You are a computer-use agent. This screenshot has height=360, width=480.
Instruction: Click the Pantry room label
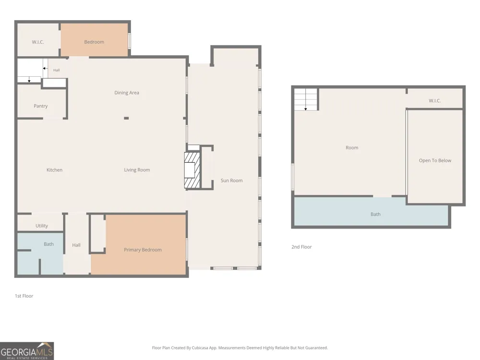coord(41,106)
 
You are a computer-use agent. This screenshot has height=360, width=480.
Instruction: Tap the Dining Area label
coord(127,93)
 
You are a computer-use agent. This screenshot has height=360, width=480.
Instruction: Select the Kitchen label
coord(55,170)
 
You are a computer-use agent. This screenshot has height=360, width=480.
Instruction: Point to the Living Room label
coord(137,170)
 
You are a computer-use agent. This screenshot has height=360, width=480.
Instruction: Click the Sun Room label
coord(232,180)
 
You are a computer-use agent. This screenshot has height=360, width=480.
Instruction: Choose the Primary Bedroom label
coord(143,250)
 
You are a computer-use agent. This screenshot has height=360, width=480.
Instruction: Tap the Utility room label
coord(42,226)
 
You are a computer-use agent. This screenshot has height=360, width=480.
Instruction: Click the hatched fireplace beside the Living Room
coord(192,170)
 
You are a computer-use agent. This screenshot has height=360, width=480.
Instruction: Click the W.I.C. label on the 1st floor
coord(38,42)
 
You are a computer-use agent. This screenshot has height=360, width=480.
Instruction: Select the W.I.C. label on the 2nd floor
coord(435,101)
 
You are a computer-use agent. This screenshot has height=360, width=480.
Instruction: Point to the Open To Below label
coord(435,160)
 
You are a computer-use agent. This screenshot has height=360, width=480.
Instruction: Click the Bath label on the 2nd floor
coord(376,214)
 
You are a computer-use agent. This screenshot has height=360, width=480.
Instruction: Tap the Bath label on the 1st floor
coord(48,244)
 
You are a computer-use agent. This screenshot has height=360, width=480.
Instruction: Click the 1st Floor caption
coord(24,296)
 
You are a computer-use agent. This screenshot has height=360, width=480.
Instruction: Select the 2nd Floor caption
coord(301,247)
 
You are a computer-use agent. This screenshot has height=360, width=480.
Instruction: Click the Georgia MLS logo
coord(27,351)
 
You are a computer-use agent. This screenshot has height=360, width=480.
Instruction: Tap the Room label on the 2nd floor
coord(352,147)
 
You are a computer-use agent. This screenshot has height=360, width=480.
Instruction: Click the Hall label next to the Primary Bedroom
coord(76,245)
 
